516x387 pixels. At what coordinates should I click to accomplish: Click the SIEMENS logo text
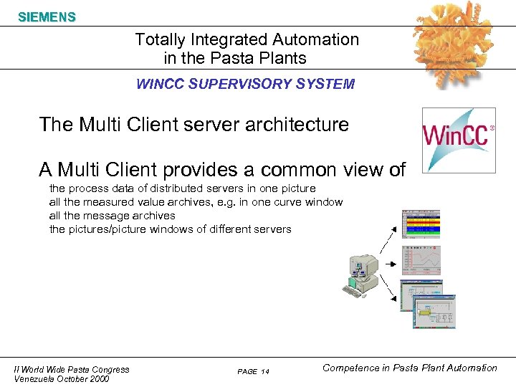[47, 16]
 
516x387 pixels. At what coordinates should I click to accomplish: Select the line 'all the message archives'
[112, 216]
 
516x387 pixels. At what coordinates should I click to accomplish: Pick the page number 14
[265, 371]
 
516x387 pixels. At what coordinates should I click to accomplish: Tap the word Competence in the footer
[352, 368]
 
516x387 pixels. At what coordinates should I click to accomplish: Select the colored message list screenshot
[421, 224]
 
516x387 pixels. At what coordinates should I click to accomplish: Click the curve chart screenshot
[421, 259]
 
